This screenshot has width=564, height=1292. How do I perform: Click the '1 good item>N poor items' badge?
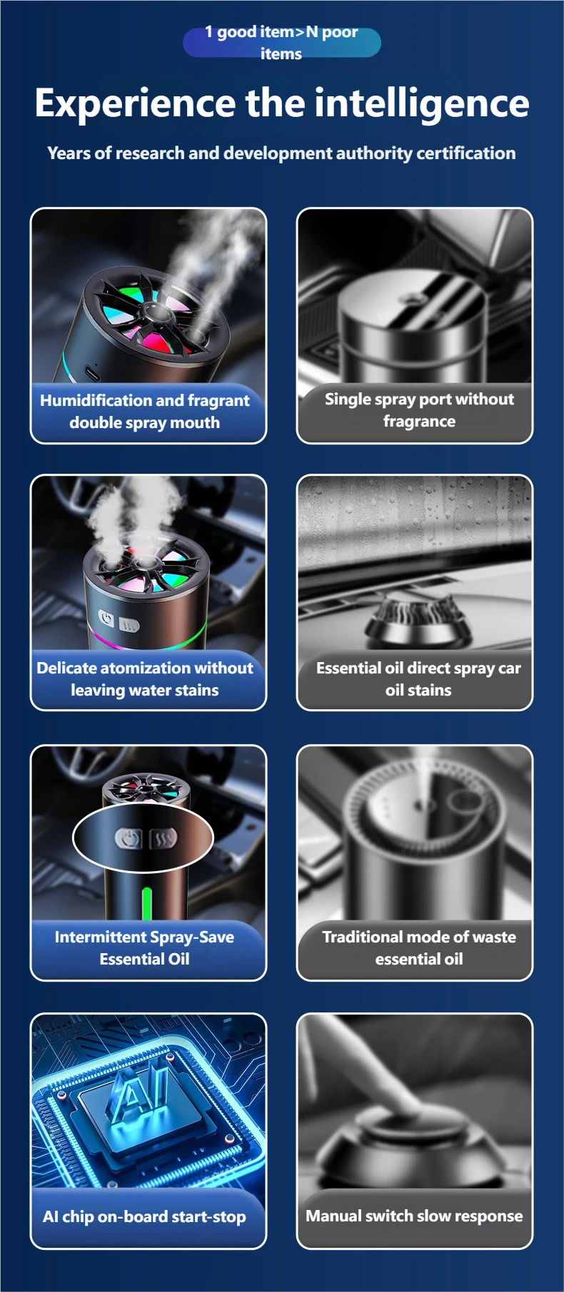[281, 42]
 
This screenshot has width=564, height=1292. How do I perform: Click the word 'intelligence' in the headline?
[422, 104]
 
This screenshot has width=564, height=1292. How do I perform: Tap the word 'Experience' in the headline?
[135, 104]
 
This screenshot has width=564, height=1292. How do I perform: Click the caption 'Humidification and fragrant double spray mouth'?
[145, 412]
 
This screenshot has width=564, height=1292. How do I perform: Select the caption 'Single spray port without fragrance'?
[419, 410]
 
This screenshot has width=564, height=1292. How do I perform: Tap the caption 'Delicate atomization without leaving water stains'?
[145, 679]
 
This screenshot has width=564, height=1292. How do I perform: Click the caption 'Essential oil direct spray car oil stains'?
[418, 679]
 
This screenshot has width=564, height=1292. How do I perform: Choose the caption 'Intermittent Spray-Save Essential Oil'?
[144, 948]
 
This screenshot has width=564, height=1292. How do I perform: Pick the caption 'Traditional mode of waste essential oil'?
[419, 948]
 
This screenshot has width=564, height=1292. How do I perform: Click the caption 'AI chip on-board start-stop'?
[144, 1216]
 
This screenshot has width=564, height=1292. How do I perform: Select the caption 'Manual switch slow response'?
[414, 1216]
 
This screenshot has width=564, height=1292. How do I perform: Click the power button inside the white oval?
[129, 838]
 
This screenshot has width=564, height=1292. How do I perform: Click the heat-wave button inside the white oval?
[163, 838]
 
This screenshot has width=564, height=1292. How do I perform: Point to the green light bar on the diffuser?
[147, 902]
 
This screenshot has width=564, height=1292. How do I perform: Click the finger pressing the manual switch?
[386, 1084]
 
